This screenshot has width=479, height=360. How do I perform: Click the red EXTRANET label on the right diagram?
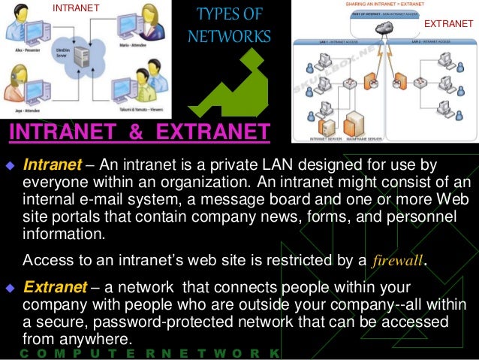[448, 23]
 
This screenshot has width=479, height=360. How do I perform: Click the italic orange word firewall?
[399, 261]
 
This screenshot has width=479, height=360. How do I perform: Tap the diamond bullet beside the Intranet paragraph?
[11, 165]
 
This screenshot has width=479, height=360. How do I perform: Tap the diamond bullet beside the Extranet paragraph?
[11, 288]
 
